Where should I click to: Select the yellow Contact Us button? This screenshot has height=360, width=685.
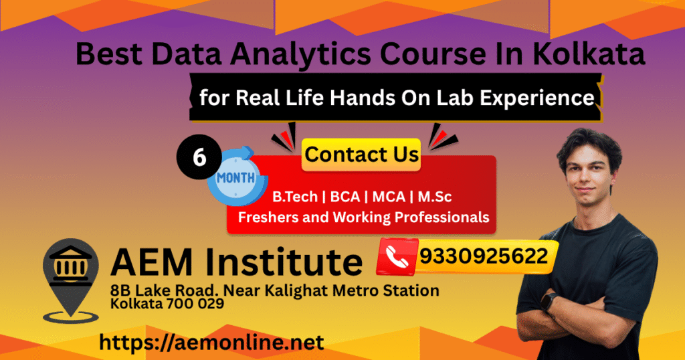[x=361, y=155]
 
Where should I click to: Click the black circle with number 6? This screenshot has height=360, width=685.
[x=199, y=157]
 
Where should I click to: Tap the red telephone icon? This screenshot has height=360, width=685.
[x=397, y=257]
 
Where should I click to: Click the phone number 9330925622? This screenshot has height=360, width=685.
[x=484, y=256]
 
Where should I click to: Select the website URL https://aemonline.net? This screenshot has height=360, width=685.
[x=211, y=343]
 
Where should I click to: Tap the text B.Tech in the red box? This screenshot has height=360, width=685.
[x=295, y=197]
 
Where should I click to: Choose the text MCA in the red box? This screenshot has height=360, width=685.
[x=389, y=197]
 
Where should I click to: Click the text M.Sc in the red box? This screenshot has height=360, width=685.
[x=435, y=197]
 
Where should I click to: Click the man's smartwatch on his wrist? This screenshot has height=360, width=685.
[x=549, y=302]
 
